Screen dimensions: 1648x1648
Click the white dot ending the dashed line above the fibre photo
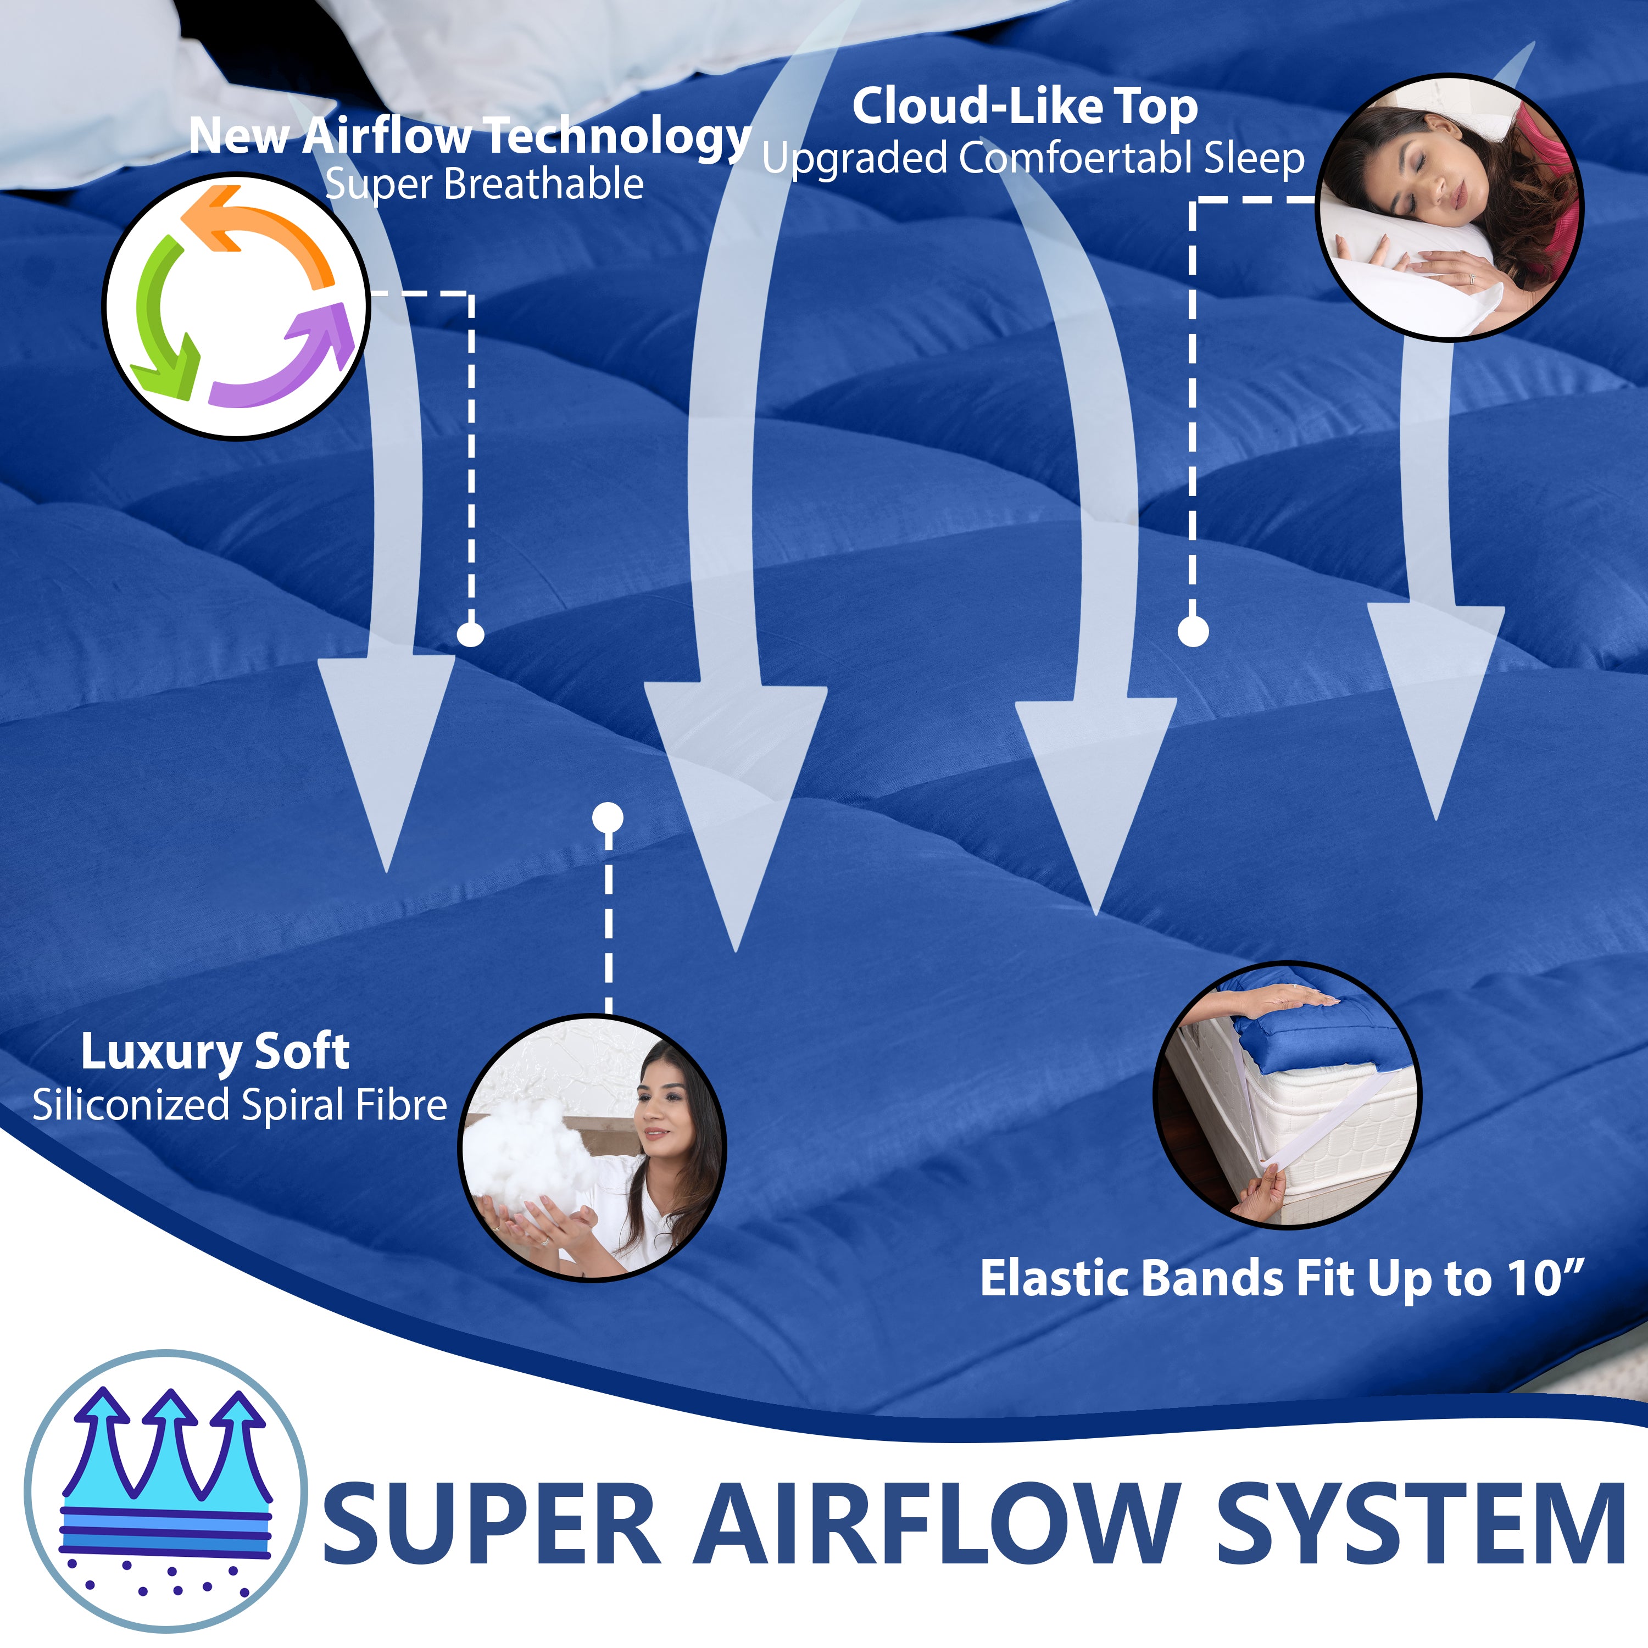pos(608,818)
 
